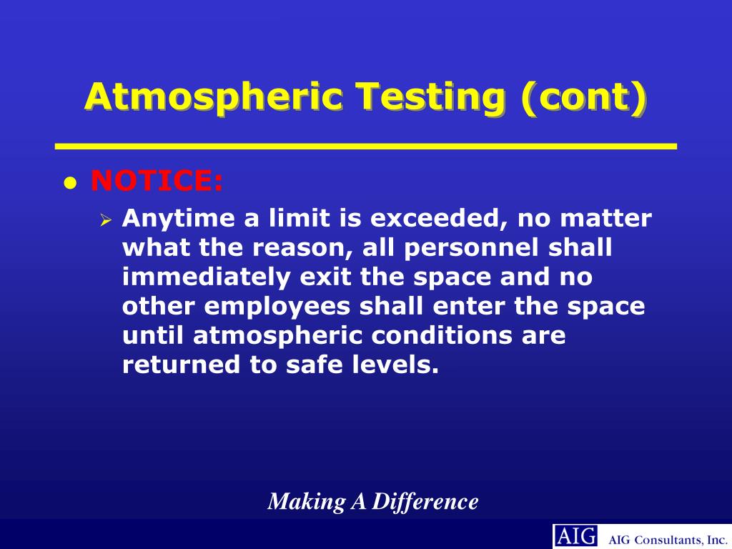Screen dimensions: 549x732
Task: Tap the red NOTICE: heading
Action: point(157,182)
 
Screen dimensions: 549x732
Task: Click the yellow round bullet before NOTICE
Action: point(69,184)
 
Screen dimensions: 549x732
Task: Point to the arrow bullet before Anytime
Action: point(106,220)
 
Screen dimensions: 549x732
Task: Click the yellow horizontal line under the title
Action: point(366,147)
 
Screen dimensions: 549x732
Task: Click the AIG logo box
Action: point(575,535)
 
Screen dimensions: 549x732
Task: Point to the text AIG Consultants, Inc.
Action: point(668,538)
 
